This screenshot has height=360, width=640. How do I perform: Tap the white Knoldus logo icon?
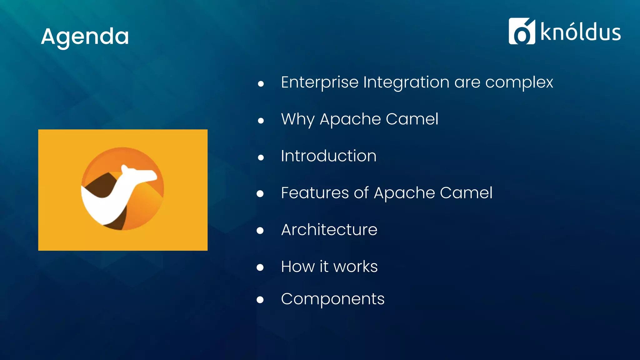(x=521, y=31)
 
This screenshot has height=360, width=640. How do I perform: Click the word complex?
(x=519, y=83)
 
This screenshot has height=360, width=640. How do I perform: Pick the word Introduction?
(x=328, y=156)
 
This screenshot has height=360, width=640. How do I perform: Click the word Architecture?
(x=329, y=230)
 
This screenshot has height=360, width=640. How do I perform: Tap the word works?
(x=355, y=267)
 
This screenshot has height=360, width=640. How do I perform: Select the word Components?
(x=332, y=299)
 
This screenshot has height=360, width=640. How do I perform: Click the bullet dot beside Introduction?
(x=261, y=157)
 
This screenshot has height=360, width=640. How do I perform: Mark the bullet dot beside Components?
(x=260, y=300)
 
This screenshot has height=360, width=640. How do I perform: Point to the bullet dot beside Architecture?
(x=260, y=231)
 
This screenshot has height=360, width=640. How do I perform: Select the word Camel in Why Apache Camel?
(x=412, y=119)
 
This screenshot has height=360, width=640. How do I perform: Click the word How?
(x=297, y=267)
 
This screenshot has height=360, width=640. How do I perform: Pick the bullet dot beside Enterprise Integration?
(x=261, y=84)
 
